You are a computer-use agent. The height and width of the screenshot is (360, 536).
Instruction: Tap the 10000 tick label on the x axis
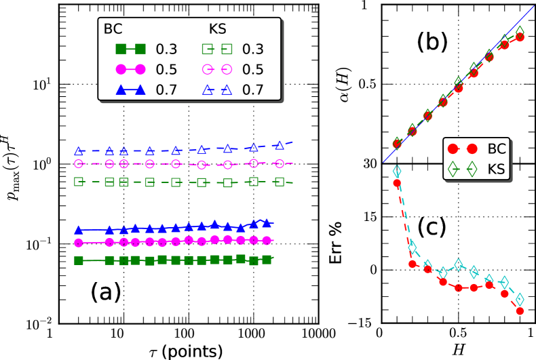coord(316,334)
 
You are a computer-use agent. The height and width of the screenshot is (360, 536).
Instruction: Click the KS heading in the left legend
coord(215,31)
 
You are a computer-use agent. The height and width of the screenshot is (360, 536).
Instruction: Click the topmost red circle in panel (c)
coord(397,182)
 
